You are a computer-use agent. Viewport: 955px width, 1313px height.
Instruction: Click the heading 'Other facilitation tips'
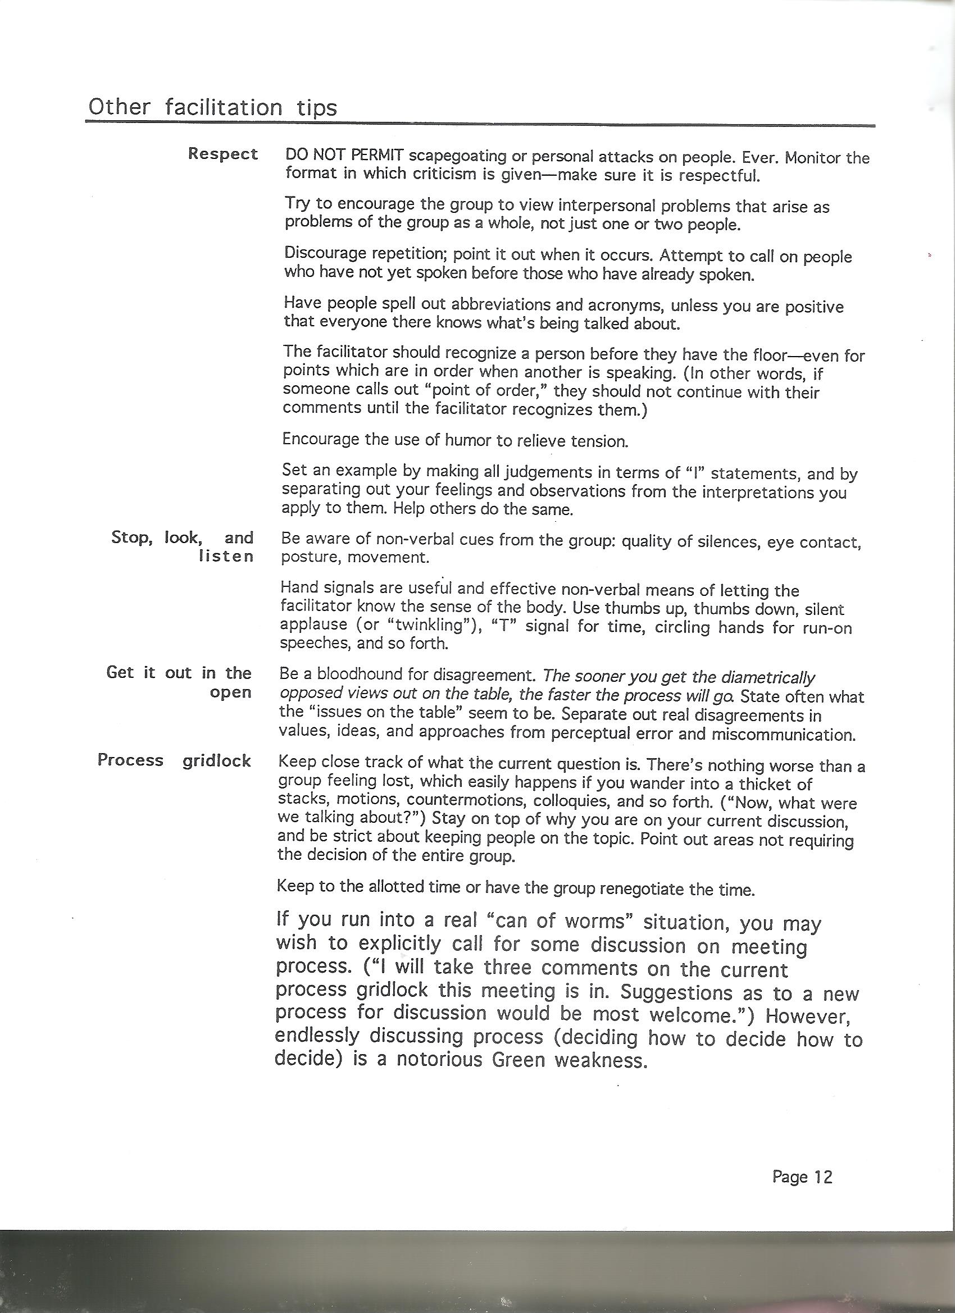click(212, 108)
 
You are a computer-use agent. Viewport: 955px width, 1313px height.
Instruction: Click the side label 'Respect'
click(223, 154)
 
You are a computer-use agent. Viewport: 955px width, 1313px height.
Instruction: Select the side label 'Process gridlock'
click(174, 760)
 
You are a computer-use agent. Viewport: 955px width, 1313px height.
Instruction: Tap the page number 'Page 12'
click(802, 1177)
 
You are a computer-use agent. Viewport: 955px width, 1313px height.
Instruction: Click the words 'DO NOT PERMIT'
click(344, 156)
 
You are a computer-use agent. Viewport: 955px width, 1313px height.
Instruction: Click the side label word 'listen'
click(226, 557)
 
